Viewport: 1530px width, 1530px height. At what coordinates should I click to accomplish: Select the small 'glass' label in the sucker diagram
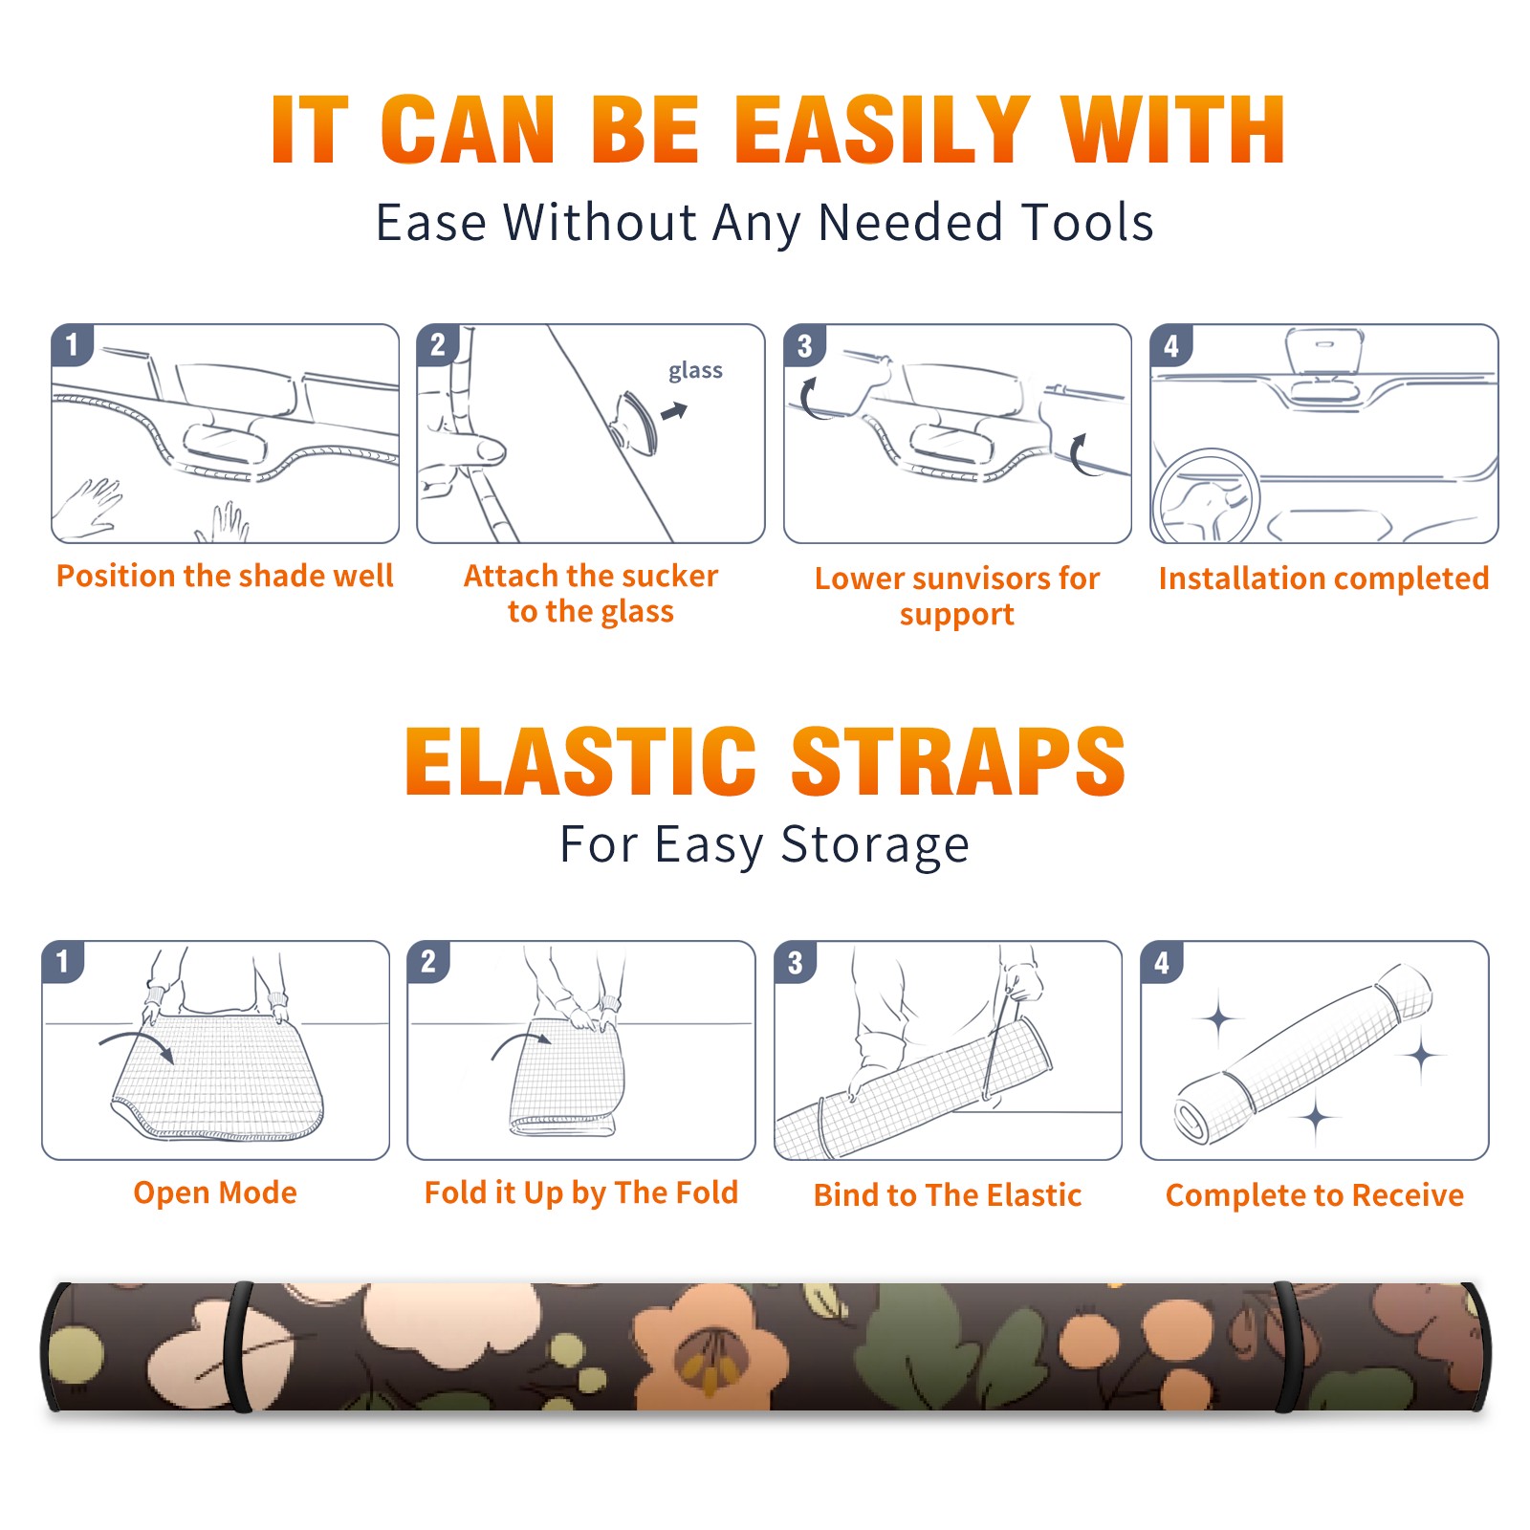click(x=695, y=371)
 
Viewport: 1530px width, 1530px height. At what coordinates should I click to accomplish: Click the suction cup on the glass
click(x=637, y=422)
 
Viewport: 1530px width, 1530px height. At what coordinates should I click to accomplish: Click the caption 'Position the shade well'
click(x=225, y=576)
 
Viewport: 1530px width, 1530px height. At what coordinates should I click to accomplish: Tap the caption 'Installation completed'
click(x=1323, y=579)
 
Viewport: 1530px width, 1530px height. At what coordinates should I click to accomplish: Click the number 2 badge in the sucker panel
click(x=438, y=344)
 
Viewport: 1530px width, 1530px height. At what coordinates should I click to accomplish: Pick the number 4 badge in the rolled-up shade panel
click(x=1162, y=962)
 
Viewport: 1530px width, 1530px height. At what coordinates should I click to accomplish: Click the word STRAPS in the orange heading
click(x=958, y=761)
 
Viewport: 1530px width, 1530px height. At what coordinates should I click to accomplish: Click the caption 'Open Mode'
click(x=215, y=1192)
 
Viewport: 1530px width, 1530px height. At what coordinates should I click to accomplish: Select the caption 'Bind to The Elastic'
click(x=948, y=1195)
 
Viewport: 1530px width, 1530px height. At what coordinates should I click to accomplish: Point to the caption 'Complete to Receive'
click(x=1315, y=1195)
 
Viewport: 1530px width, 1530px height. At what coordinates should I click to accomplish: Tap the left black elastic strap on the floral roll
click(x=238, y=1347)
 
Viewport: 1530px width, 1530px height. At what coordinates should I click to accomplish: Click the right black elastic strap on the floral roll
click(x=1289, y=1347)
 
